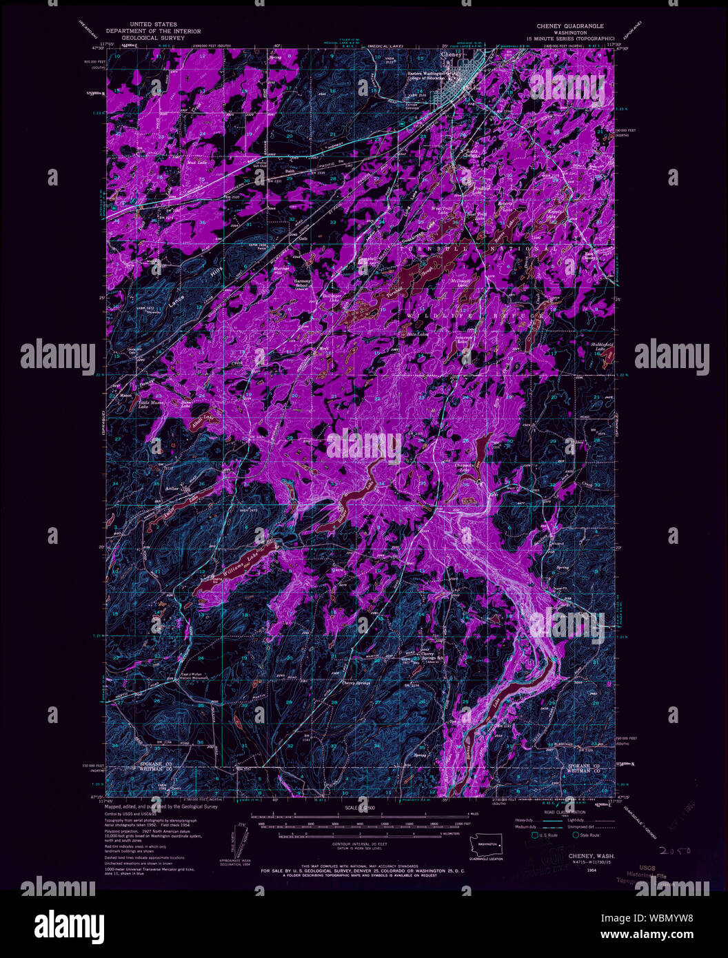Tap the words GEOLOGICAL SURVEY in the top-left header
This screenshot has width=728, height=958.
click(x=153, y=39)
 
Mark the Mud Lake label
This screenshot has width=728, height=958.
click(x=197, y=163)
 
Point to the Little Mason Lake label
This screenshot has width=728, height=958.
click(x=153, y=404)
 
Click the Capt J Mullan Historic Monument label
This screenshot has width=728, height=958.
click(x=194, y=676)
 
